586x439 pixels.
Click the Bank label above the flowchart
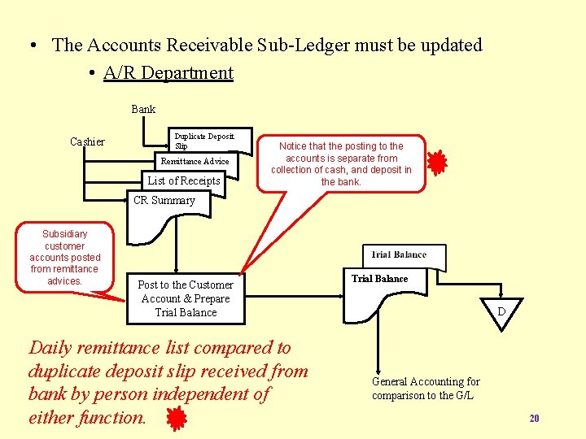[143, 109]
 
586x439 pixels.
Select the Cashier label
[87, 141]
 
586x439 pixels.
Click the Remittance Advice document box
[195, 162]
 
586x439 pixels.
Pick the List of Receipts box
[183, 180]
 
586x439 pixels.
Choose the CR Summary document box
[164, 201]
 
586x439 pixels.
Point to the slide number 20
[534, 418]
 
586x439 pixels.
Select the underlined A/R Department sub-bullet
[168, 72]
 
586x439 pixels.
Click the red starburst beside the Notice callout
[437, 163]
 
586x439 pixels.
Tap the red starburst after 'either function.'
[176, 418]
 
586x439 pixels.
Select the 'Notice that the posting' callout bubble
[341, 163]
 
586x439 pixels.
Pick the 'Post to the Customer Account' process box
[186, 298]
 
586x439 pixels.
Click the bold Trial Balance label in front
[379, 279]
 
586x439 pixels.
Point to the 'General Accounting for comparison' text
[426, 389]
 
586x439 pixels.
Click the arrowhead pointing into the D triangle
[501, 298]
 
